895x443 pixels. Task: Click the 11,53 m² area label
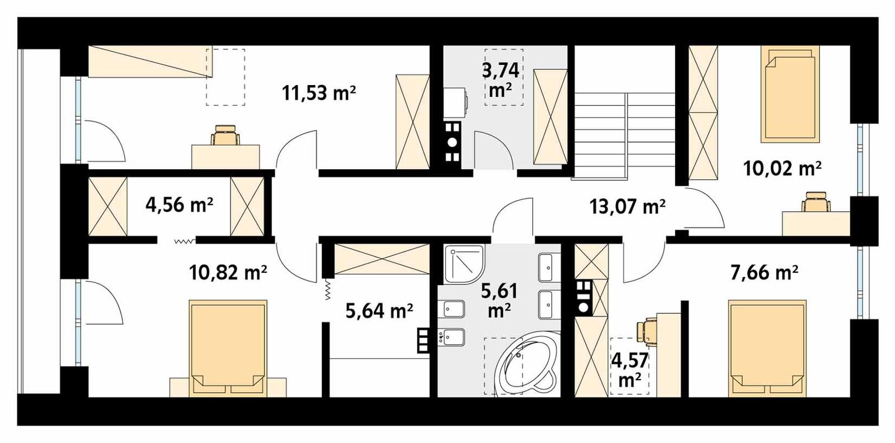pyautogui.click(x=319, y=92)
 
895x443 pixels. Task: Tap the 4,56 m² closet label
pyautogui.click(x=179, y=205)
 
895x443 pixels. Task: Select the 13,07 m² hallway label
pyautogui.click(x=627, y=207)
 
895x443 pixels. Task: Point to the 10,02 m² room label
pyautogui.click(x=782, y=168)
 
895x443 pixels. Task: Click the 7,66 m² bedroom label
pyautogui.click(x=764, y=273)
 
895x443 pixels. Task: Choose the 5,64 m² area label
pyautogui.click(x=379, y=311)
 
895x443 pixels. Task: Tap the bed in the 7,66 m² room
pyautogui.click(x=768, y=347)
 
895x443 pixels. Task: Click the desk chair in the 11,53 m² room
pyautogui.click(x=226, y=136)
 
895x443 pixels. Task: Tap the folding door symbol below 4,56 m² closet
pyautogui.click(x=184, y=241)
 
